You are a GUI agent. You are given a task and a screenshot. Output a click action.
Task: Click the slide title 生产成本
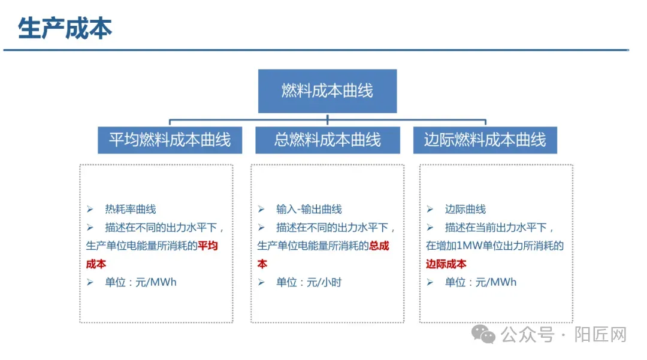click(x=65, y=28)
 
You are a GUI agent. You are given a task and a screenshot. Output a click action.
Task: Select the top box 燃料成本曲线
click(x=327, y=91)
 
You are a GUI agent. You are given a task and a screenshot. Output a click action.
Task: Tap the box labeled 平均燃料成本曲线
click(x=170, y=140)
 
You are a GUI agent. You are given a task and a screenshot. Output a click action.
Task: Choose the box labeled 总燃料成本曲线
click(x=327, y=140)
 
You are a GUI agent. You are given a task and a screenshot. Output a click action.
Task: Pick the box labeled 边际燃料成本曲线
click(x=485, y=140)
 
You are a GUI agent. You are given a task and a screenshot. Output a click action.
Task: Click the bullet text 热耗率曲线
click(x=130, y=209)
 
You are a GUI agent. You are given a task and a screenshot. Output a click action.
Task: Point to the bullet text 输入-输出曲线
click(x=309, y=209)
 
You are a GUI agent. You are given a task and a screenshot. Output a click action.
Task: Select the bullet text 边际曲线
click(x=465, y=209)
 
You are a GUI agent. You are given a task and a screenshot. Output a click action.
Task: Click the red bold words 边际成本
click(x=446, y=264)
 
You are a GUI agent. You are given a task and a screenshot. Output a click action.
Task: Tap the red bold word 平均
click(x=208, y=246)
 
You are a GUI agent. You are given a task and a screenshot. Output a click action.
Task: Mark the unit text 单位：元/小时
click(x=309, y=282)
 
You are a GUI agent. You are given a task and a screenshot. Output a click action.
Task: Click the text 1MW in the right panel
click(x=466, y=246)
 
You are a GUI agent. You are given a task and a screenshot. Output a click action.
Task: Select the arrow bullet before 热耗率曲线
click(x=90, y=209)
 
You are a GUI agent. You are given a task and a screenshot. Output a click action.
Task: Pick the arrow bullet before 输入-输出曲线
click(x=261, y=209)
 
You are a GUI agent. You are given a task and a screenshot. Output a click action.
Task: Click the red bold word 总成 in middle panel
click(x=379, y=246)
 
